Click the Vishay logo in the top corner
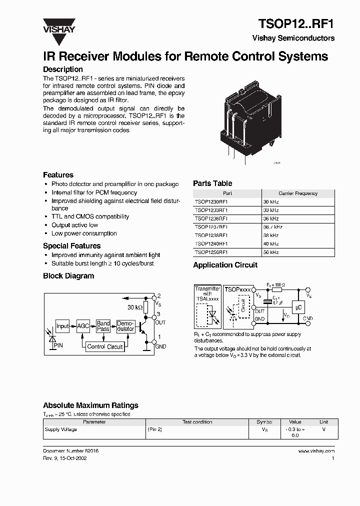[x=58, y=25]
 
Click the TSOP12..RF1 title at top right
[x=296, y=23]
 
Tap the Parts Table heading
[x=212, y=183]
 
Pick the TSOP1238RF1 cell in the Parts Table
[x=211, y=235]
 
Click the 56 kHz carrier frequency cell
[x=271, y=252]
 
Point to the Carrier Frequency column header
[x=297, y=193]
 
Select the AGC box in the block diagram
[x=83, y=326]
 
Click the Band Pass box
[x=103, y=326]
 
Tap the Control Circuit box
[x=104, y=346]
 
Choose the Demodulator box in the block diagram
[x=125, y=326]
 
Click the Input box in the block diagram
[x=62, y=326]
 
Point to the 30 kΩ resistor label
[x=135, y=307]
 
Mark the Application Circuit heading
[x=225, y=265]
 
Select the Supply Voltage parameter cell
[x=61, y=429]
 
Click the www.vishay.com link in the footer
[x=316, y=451]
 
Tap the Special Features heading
[x=71, y=246]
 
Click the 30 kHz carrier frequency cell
[x=271, y=201]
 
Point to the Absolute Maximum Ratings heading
[x=90, y=405]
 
